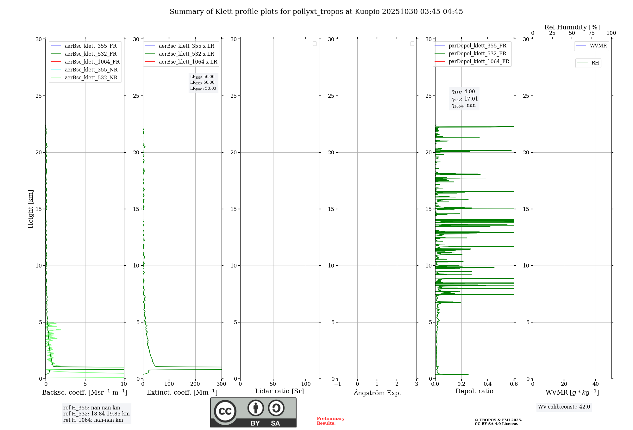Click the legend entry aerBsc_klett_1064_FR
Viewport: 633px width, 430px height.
click(x=92, y=62)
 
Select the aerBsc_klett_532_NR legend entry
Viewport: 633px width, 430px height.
click(x=91, y=78)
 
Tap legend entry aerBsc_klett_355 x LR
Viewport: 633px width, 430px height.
click(x=186, y=46)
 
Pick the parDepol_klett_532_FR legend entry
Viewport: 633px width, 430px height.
click(x=477, y=54)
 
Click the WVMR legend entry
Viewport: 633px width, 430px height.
click(x=598, y=46)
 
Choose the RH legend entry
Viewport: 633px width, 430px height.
click(x=595, y=63)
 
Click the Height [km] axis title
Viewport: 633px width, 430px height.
click(x=30, y=209)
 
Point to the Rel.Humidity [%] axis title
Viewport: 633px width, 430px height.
click(x=572, y=27)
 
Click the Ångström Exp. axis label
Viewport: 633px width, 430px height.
click(x=377, y=393)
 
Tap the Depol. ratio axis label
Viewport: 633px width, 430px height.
click(x=474, y=391)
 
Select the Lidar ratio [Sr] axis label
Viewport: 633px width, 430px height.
click(x=279, y=391)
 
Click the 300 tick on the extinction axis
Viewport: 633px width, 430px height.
click(x=221, y=384)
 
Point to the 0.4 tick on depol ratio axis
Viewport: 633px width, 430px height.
click(x=488, y=384)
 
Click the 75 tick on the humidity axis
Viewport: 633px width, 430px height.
click(x=591, y=33)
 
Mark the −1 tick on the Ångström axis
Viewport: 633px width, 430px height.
click(x=337, y=384)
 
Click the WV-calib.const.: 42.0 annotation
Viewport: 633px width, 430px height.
click(x=564, y=407)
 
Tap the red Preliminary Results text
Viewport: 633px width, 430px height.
click(x=330, y=421)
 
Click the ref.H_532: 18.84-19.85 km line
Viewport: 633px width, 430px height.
click(x=96, y=414)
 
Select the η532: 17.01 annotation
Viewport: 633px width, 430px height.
click(x=464, y=99)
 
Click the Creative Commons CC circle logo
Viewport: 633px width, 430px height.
click(x=225, y=411)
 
